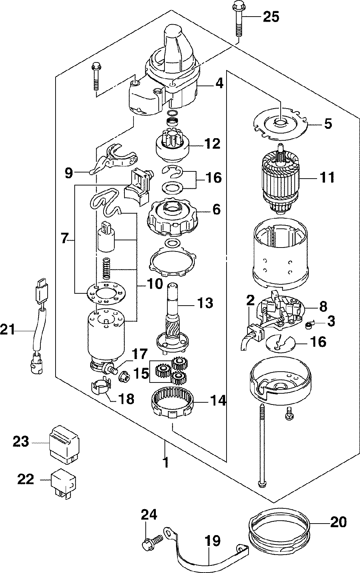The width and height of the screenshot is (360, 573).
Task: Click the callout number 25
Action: click(x=271, y=17)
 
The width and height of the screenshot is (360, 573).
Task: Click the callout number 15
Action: click(x=141, y=373)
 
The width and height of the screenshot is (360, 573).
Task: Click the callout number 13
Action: click(x=205, y=302)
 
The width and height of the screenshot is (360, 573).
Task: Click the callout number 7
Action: click(x=64, y=239)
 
